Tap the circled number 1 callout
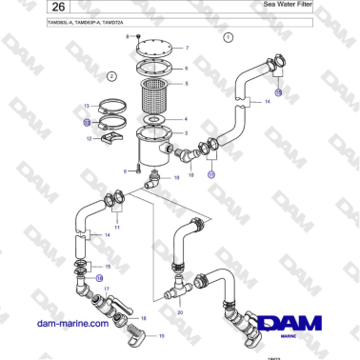[x=229, y=39]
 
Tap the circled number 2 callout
[x=111, y=76]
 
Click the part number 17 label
[x=107, y=288]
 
